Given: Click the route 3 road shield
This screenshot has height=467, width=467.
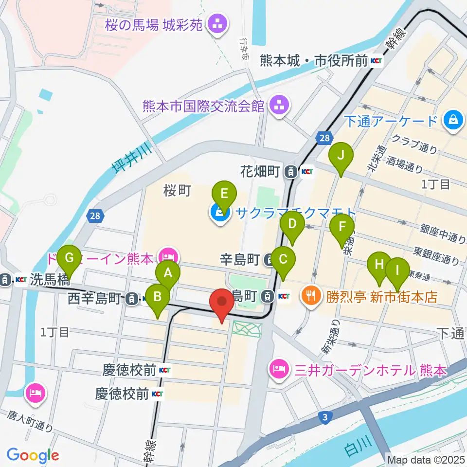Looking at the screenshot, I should point(324,416).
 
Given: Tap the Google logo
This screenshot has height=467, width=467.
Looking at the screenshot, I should point(33,455).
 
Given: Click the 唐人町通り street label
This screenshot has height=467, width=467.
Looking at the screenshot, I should point(30,421).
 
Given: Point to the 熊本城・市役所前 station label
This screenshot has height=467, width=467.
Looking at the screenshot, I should point(314,60).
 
